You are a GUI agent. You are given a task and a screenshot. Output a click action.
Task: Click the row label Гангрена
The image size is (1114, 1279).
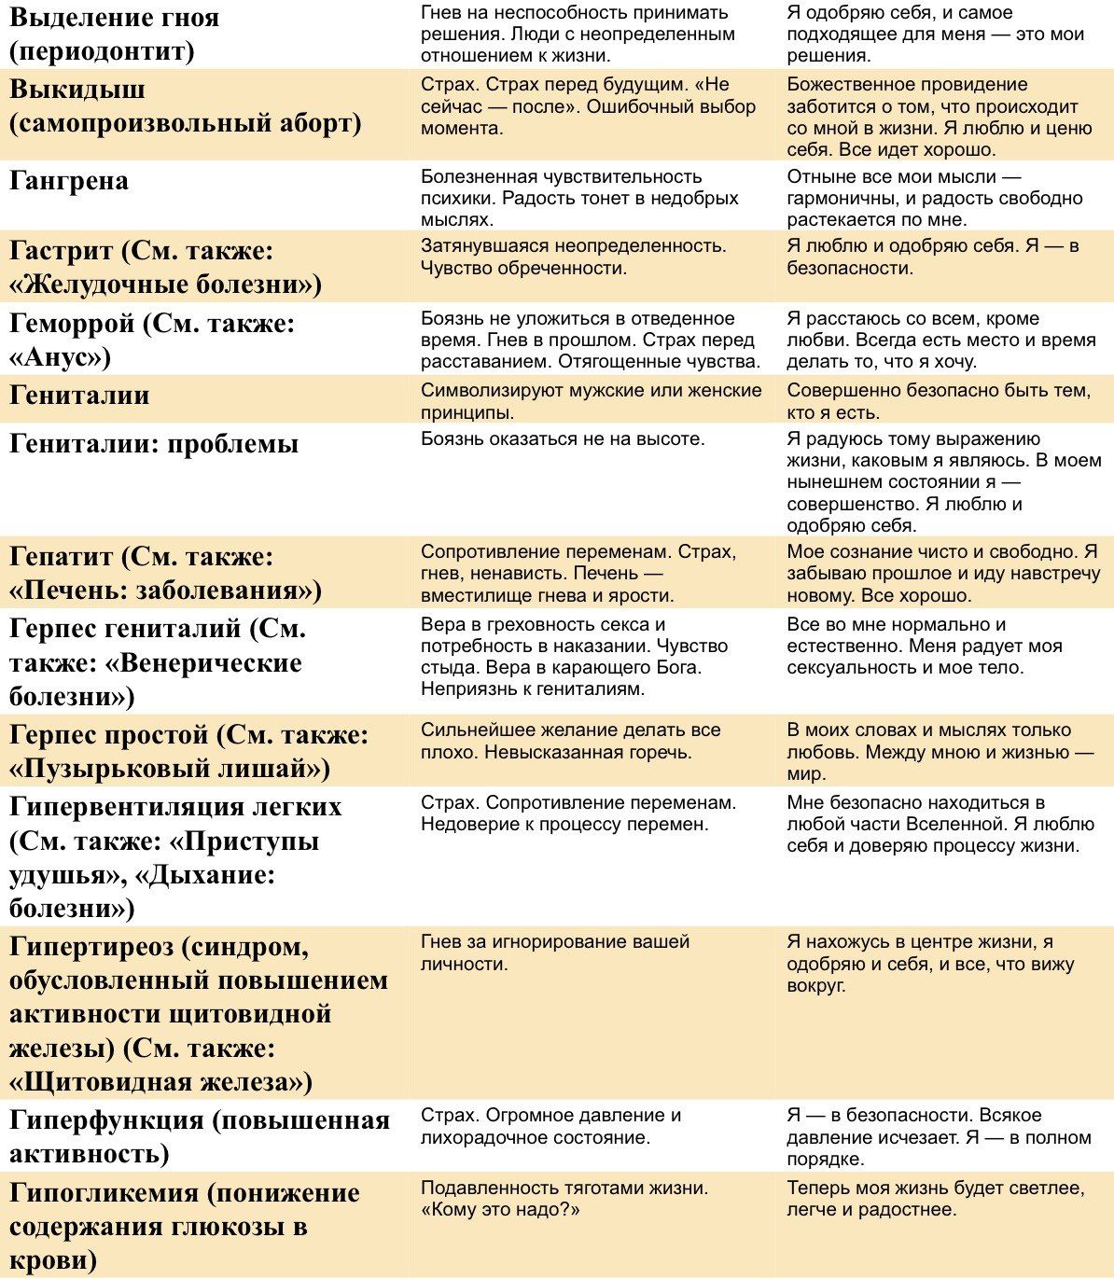(69, 181)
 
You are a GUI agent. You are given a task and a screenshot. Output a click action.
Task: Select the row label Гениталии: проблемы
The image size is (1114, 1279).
(154, 443)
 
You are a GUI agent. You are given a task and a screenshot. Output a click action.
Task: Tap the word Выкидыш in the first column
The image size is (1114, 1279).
(77, 90)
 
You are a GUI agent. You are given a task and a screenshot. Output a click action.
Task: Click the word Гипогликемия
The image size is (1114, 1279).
(105, 1193)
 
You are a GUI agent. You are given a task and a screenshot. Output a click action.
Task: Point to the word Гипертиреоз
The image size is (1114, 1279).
(91, 947)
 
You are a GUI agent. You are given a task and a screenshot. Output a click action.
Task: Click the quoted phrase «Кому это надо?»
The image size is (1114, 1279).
(500, 1210)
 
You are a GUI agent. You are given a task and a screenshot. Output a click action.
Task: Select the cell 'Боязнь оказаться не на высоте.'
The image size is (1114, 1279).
(563, 438)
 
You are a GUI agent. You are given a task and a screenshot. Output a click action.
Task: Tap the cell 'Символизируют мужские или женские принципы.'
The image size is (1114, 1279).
(591, 401)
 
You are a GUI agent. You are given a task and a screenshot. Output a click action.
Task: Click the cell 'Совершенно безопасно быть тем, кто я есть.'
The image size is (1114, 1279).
(938, 401)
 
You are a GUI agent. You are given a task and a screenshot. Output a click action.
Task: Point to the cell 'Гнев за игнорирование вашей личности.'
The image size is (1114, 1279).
(555, 952)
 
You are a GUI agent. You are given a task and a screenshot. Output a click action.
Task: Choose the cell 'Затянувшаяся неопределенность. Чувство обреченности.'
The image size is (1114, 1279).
(573, 257)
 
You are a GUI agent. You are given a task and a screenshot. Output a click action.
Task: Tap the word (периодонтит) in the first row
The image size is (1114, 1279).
(102, 50)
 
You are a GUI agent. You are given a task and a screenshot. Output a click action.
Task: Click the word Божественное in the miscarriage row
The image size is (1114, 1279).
(847, 85)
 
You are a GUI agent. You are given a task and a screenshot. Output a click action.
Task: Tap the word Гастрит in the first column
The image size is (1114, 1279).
(62, 251)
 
